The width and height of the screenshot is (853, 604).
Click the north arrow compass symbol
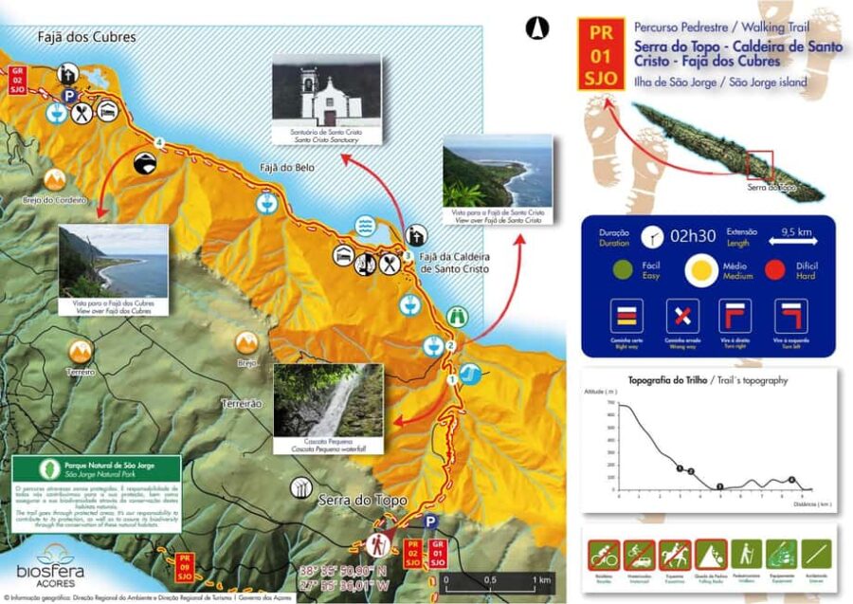coord(537,28)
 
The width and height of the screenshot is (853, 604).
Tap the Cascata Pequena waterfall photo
coord(328,402)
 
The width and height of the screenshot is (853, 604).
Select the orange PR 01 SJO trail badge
coord(601,55)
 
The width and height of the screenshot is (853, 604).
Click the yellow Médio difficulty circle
coord(702,271)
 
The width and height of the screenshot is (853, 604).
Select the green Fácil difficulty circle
coord(624,271)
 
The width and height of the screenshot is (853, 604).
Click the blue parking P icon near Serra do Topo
coord(431,522)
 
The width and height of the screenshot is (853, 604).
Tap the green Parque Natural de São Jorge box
coord(96,493)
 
